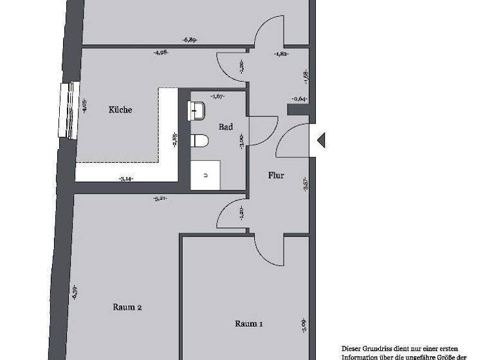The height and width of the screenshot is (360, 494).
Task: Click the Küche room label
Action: coord(120,110)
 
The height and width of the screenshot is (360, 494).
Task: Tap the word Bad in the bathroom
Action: coord(226,127)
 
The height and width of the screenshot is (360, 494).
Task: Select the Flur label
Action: coord(276,175)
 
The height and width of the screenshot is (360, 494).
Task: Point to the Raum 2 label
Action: coord(127,307)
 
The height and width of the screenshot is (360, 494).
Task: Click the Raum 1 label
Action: coord(248,324)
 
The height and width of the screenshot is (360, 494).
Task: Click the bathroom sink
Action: coord(196,110)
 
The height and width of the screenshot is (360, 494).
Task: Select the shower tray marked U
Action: coord(206,174)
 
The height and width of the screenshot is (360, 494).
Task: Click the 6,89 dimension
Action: coord(189,40)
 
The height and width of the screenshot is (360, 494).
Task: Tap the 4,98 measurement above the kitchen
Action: coord(161,53)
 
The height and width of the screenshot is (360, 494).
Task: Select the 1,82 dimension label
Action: coord(280,55)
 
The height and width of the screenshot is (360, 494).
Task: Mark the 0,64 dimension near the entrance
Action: coord(298,99)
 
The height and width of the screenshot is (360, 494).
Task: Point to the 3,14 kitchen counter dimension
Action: coord(126,179)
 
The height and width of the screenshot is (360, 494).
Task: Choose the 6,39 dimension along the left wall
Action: coord(75,293)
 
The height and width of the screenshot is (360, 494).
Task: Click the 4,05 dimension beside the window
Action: coord(84,105)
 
